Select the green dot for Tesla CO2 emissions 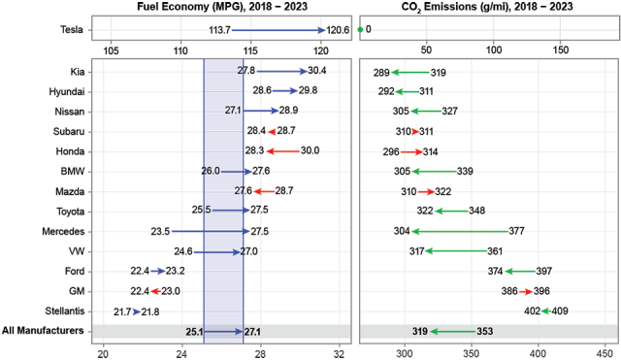(x=361, y=29)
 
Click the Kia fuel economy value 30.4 (x=316, y=71)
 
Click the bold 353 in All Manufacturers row (x=485, y=331)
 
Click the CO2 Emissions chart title (x=485, y=8)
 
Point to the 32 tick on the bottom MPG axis (x=340, y=351)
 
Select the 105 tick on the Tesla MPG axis (x=112, y=49)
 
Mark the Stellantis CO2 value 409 (x=561, y=311)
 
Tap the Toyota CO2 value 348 (x=476, y=211)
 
